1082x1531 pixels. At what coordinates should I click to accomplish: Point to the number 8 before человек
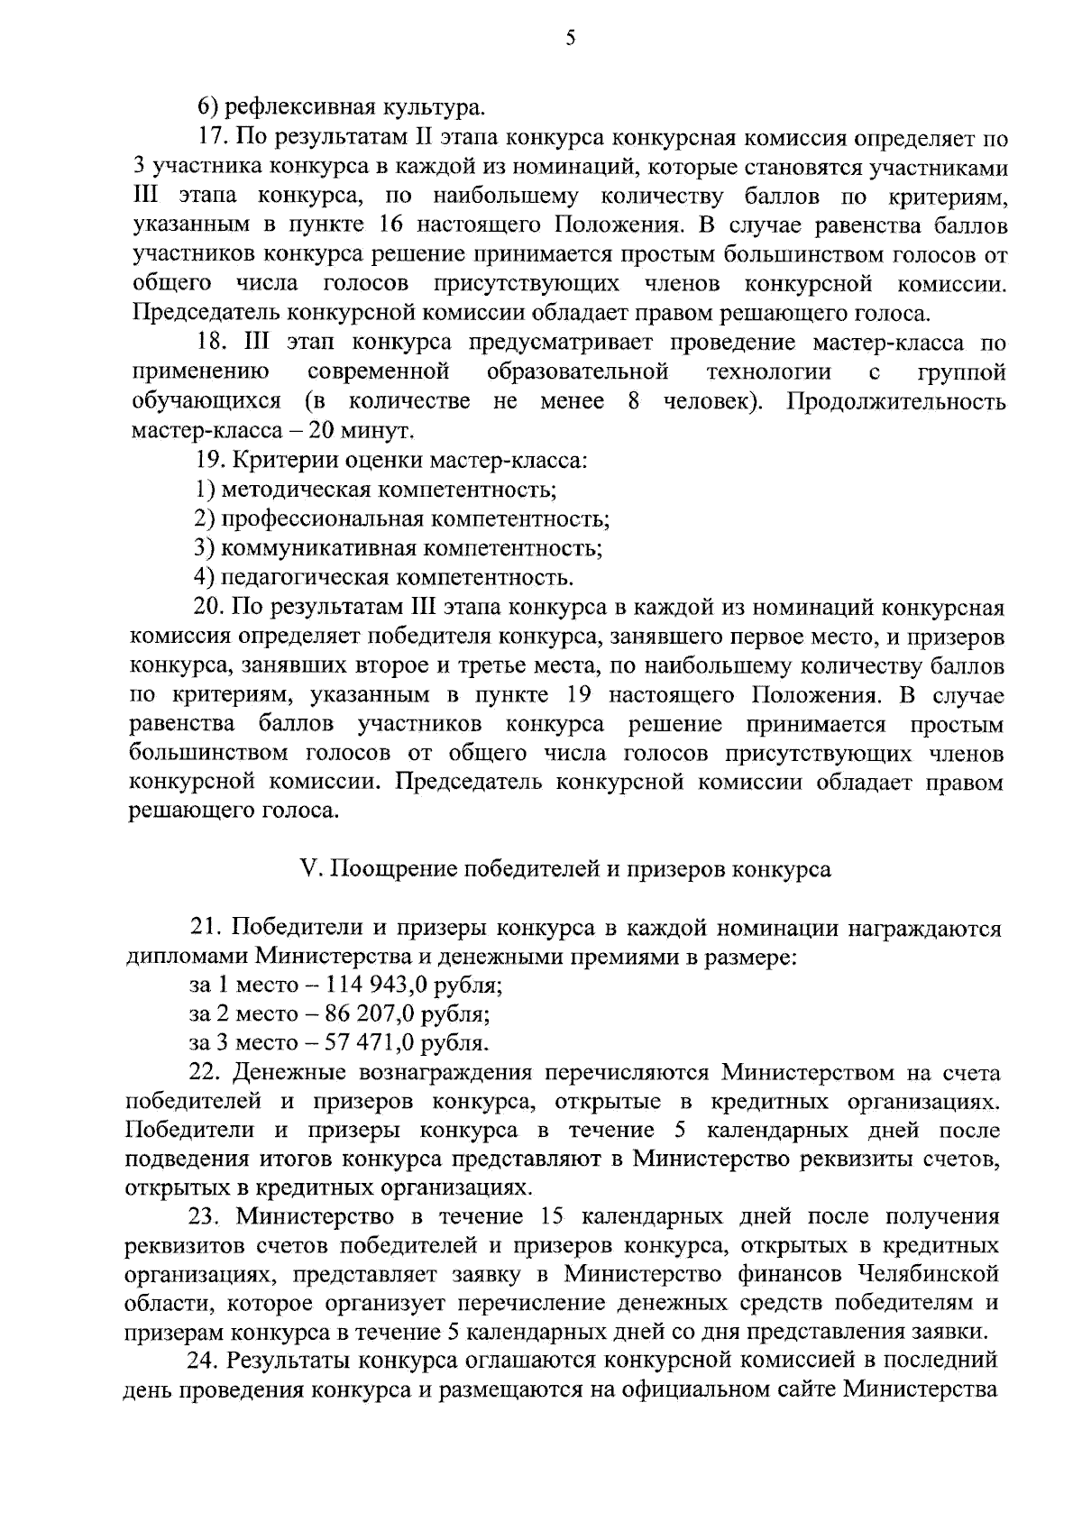[634, 401]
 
